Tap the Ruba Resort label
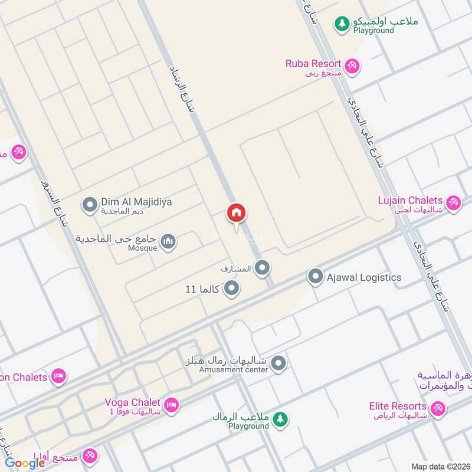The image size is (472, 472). [x=313, y=64]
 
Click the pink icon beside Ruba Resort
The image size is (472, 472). [x=352, y=66]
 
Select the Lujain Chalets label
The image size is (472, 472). [x=410, y=201]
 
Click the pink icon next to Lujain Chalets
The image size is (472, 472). [x=453, y=204]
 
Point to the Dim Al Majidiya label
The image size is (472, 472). [x=136, y=202]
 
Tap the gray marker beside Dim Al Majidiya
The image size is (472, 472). [x=90, y=205]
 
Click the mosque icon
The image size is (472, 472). [x=169, y=242]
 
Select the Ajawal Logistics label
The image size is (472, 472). [x=364, y=277]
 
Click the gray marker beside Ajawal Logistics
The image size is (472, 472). [x=316, y=277]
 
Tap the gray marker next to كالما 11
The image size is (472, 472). [x=232, y=289]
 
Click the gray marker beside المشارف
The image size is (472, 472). [x=263, y=268]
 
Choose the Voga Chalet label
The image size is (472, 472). [x=132, y=402]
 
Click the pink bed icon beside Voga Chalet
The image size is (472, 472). [x=171, y=405]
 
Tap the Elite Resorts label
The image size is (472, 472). [x=398, y=406]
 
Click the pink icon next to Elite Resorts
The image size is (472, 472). [x=437, y=408]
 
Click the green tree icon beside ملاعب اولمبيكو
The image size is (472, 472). [x=341, y=24]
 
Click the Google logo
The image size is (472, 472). [x=25, y=463]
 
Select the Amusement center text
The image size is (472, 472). [x=233, y=370]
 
